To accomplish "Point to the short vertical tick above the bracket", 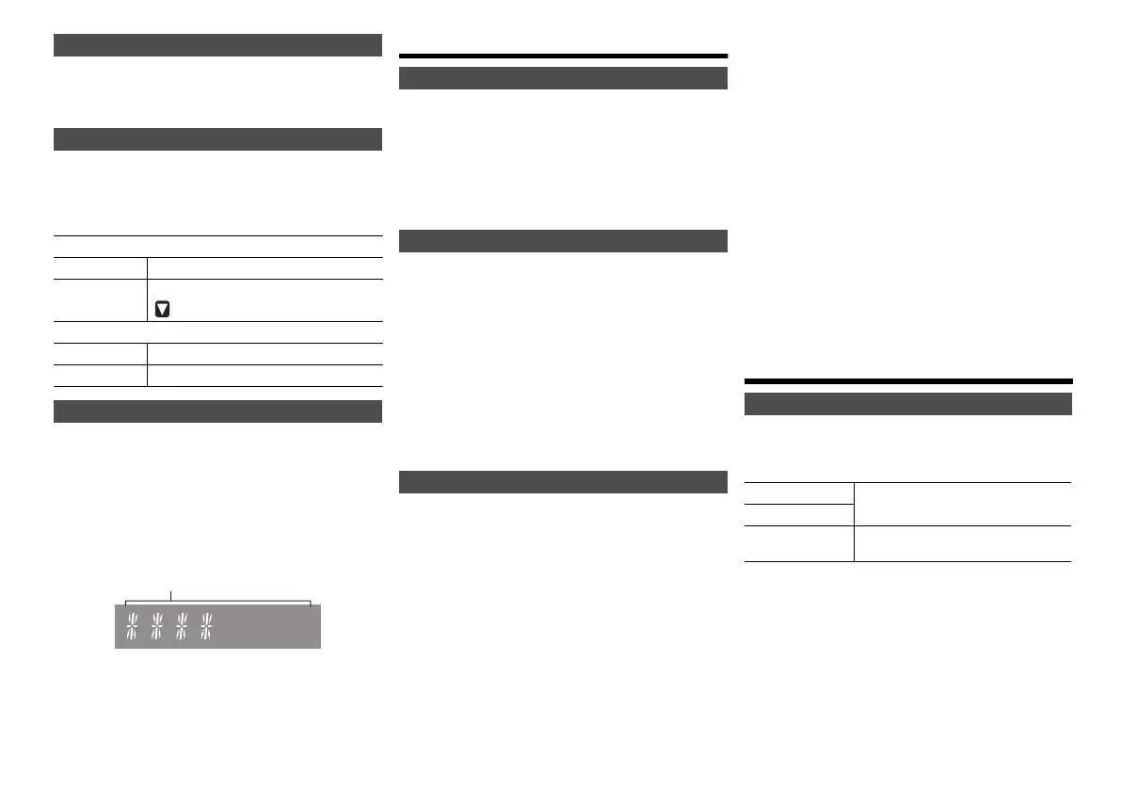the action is [171, 594].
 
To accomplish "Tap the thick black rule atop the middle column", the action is [563, 56].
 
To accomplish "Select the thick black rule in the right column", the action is [908, 381].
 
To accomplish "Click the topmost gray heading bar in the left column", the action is [217, 45].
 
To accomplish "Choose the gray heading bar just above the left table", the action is [217, 139].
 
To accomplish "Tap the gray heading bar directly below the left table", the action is [217, 411].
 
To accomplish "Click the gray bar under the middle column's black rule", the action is [563, 78].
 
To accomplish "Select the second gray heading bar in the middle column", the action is [563, 241].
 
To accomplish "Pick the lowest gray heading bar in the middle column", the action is [563, 482].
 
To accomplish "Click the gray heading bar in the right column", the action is [908, 404].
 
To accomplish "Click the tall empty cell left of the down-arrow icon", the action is [100, 300].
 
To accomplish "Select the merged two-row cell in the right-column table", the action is [962, 504].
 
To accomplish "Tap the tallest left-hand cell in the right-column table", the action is [798, 543].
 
